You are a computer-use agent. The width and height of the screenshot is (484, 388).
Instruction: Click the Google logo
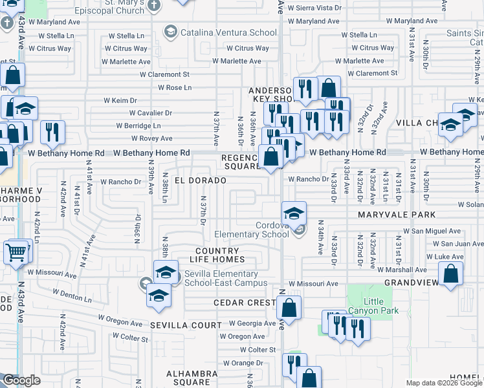click(x=21, y=380)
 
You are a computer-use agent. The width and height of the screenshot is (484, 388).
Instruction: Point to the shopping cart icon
click(x=16, y=252)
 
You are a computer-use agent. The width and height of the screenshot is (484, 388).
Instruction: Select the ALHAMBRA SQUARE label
click(x=192, y=378)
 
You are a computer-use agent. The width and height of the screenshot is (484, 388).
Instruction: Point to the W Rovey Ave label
click(x=151, y=138)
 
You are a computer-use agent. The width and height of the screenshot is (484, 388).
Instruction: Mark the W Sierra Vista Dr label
click(x=314, y=8)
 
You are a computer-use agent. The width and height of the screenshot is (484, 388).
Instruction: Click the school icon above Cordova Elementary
click(x=294, y=212)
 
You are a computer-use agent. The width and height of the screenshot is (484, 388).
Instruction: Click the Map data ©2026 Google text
click(x=443, y=383)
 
